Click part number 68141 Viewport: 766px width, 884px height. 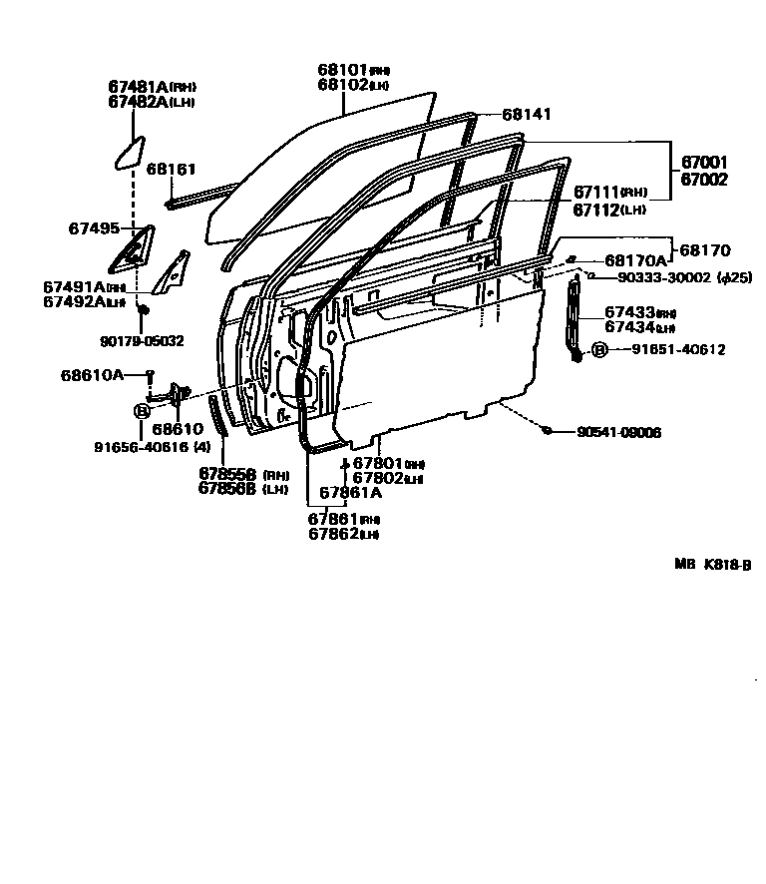click(526, 115)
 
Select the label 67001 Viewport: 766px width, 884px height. click(704, 163)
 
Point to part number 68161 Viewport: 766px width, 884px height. click(171, 170)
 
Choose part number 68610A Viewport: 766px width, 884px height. click(92, 375)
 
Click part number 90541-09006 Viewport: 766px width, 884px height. click(618, 432)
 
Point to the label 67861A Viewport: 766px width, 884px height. click(350, 492)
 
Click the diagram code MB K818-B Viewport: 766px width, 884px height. click(711, 564)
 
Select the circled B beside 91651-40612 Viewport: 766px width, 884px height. click(598, 350)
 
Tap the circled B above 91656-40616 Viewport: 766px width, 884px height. click(142, 409)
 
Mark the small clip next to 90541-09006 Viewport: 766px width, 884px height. click(548, 430)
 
